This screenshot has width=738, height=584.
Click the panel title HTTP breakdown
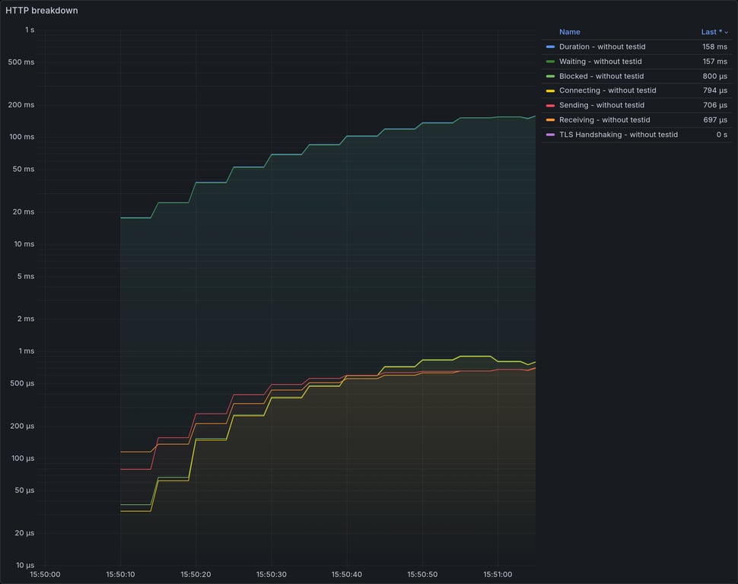click(x=41, y=11)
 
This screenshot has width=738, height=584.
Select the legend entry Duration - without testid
click(x=602, y=47)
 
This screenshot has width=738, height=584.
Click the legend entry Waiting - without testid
click(x=600, y=62)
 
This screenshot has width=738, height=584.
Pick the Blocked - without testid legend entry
click(x=601, y=76)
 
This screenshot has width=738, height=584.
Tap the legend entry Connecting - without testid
click(x=607, y=90)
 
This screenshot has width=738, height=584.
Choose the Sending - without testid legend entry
click(x=601, y=105)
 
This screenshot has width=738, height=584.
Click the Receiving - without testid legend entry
click(x=604, y=119)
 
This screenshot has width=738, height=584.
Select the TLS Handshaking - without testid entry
click(x=618, y=135)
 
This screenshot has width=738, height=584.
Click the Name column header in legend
click(x=569, y=32)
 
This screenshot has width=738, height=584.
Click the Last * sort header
click(x=714, y=32)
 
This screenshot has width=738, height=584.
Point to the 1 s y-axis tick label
click(x=29, y=30)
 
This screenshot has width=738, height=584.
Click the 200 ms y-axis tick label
click(x=22, y=105)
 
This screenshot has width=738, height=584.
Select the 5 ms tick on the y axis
click(x=25, y=277)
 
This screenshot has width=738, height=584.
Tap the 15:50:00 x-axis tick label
click(x=45, y=575)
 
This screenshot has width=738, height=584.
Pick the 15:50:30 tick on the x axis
click(x=271, y=575)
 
